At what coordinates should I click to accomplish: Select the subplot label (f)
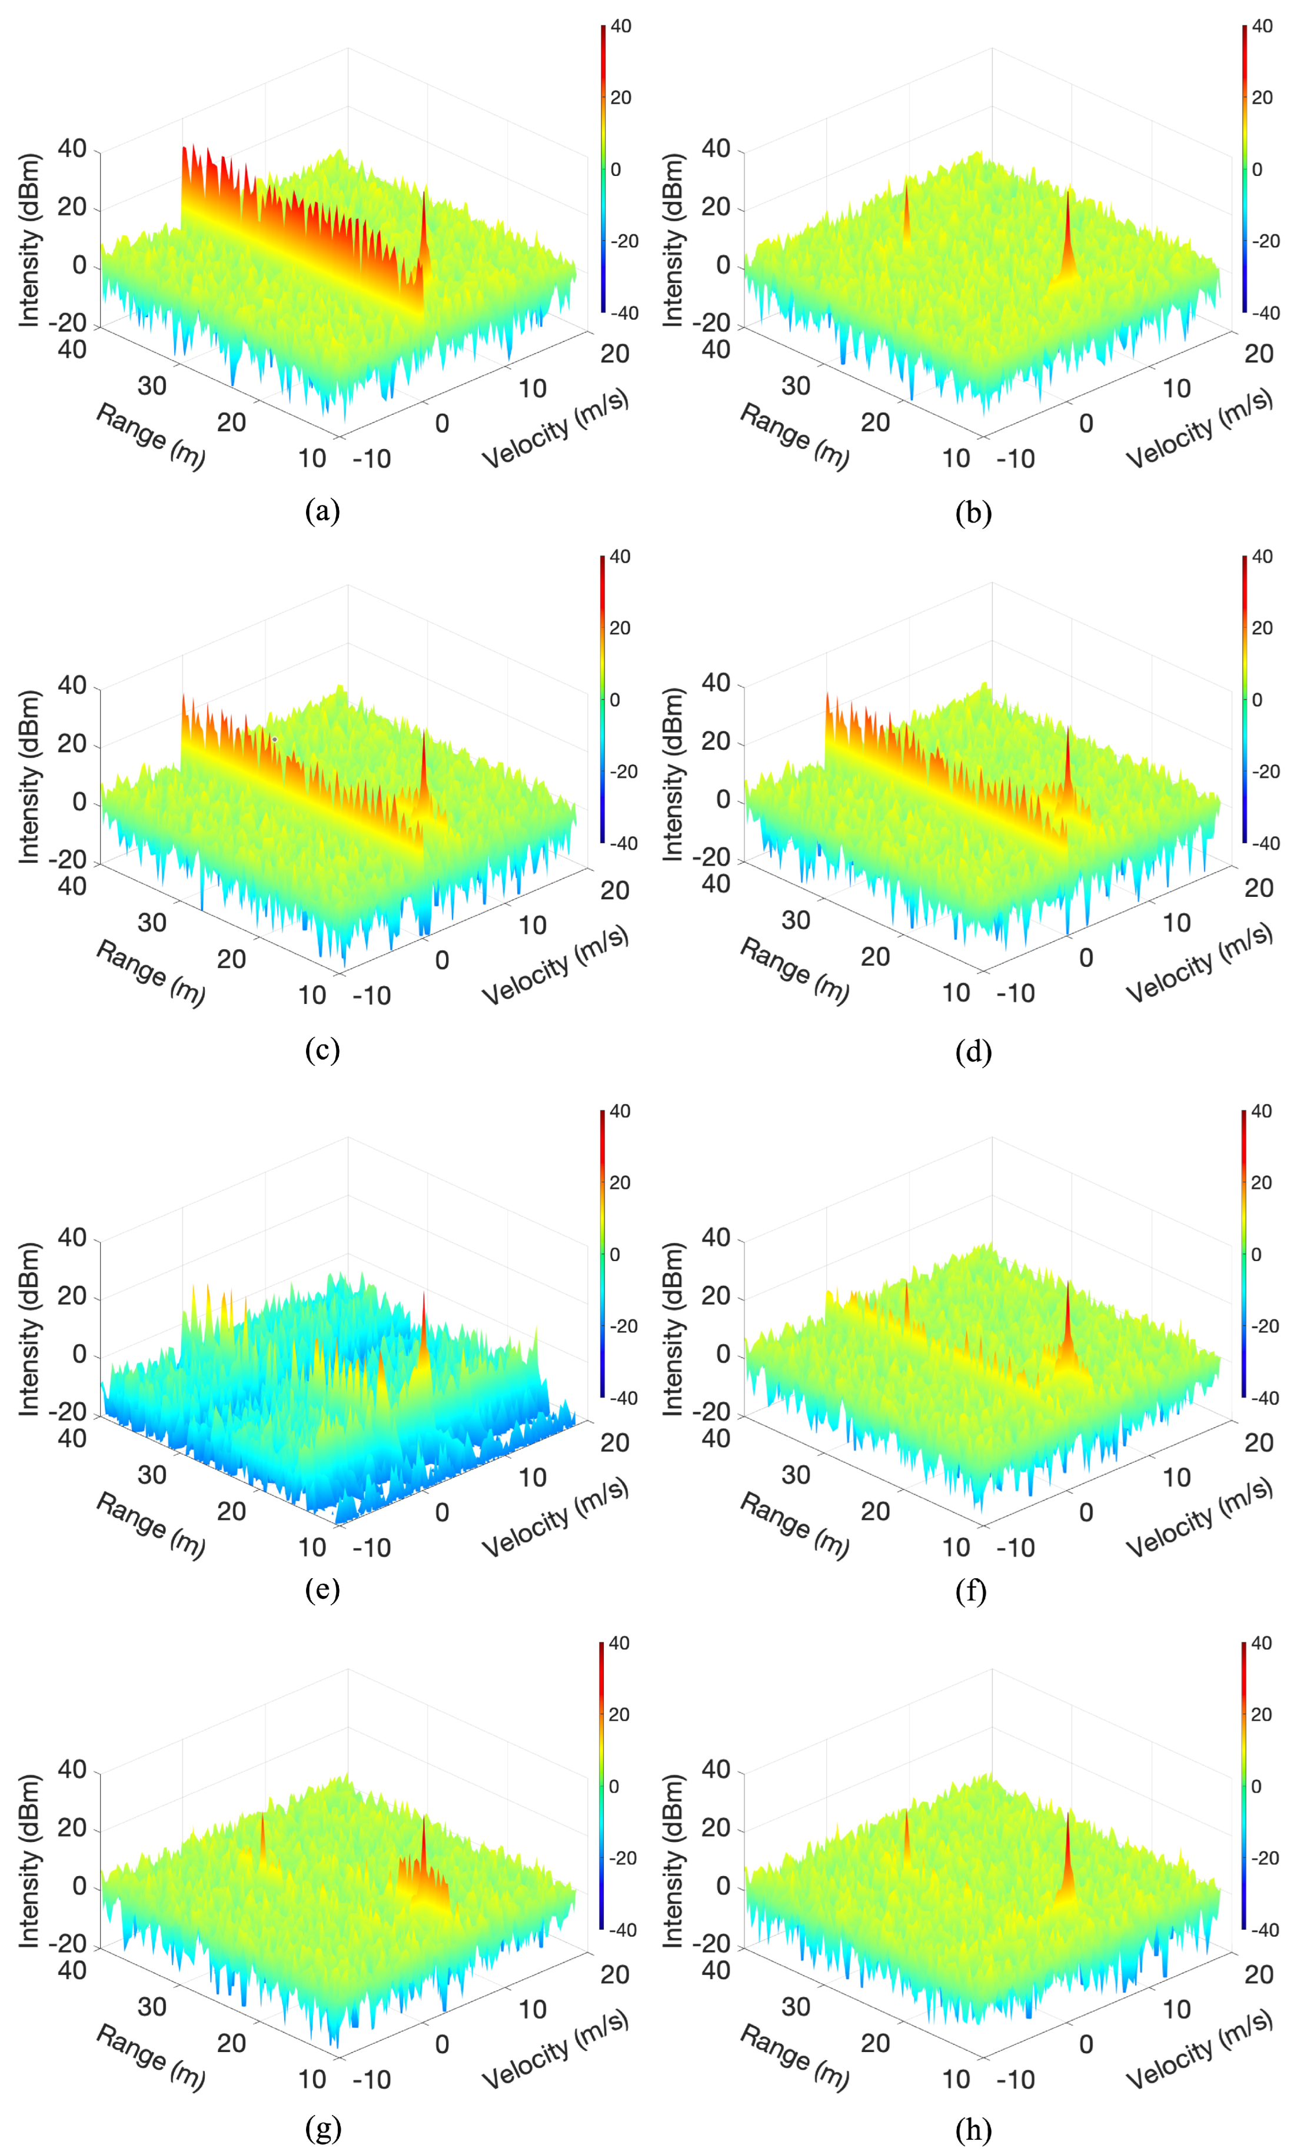[972, 1591]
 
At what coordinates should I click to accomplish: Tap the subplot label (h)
[973, 2130]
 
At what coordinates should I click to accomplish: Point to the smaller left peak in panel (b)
[906, 210]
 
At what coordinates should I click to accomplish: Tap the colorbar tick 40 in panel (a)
[621, 26]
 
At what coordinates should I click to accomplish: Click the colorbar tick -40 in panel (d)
[1265, 843]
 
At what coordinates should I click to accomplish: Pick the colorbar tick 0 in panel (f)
[1256, 1254]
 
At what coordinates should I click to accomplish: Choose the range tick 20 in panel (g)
[232, 2043]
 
